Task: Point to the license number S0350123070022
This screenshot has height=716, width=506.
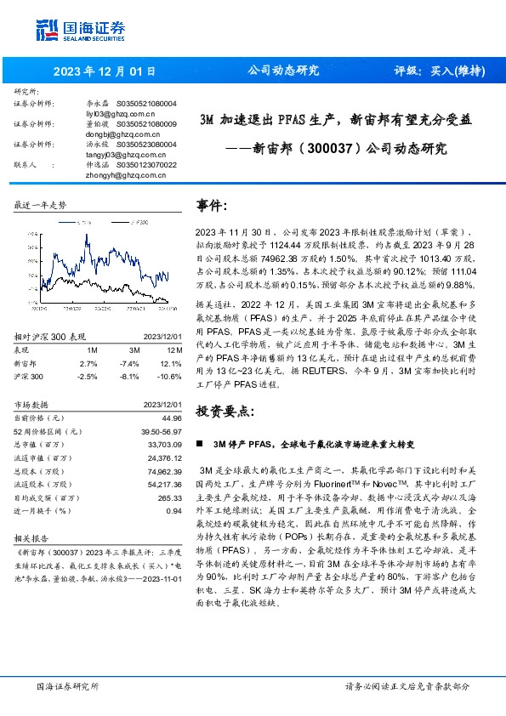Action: click(146, 165)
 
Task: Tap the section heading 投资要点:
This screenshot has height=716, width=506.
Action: click(225, 412)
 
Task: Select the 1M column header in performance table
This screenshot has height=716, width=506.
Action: click(92, 349)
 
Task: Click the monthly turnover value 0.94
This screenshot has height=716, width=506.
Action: click(174, 510)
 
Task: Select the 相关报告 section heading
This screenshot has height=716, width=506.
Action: click(32, 538)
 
